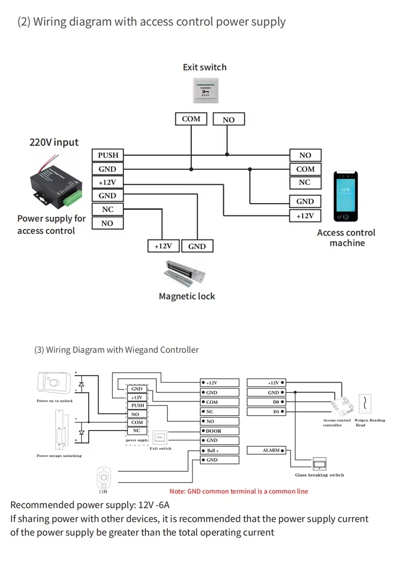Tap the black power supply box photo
(54, 183)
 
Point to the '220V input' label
(54, 142)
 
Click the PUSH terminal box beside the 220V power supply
(108, 155)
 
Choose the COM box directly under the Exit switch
(191, 119)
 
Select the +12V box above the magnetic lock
(164, 246)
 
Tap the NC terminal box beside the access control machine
(305, 183)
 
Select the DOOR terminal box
(220, 431)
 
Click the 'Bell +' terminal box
(220, 450)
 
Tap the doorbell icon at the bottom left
(103, 477)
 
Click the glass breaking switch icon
(319, 463)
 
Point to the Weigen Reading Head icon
(364, 404)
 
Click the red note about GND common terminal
(238, 491)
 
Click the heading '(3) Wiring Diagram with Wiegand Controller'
(116, 350)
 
